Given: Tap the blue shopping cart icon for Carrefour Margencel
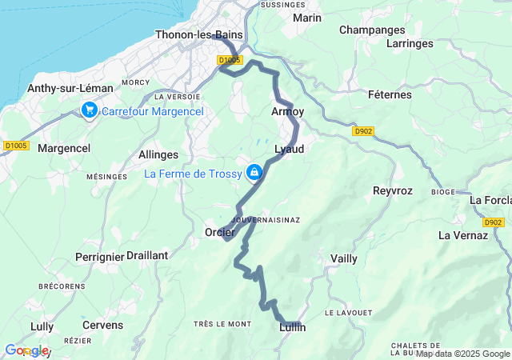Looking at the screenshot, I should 89,110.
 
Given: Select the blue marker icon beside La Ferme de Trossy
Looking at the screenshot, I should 254,172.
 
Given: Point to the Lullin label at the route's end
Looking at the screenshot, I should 293,327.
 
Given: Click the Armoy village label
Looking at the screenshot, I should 288,112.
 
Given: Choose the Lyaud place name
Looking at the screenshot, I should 290,150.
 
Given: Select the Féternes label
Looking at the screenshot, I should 390,94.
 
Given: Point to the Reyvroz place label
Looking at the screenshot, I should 392,190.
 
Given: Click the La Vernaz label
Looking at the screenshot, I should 463,235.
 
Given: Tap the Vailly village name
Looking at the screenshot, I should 344,258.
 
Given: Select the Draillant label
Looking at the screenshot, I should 147,255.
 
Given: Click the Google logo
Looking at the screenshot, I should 26,350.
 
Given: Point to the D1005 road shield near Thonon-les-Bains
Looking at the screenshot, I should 230,60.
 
